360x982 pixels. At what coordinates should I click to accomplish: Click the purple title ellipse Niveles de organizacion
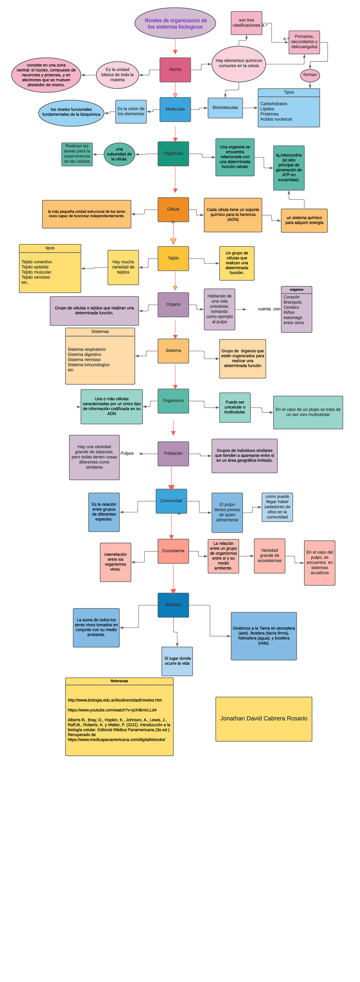click(175, 23)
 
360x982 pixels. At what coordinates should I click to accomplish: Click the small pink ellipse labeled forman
click(310, 75)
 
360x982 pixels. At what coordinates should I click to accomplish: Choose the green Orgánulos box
click(173, 153)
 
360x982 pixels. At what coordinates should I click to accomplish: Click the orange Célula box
click(173, 209)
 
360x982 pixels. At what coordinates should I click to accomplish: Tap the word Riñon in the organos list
click(289, 312)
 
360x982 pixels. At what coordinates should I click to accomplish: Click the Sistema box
click(173, 350)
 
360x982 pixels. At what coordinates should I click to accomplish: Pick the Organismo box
click(173, 401)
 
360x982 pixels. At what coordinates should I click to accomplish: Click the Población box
click(173, 453)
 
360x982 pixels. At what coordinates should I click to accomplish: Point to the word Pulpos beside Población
click(127, 453)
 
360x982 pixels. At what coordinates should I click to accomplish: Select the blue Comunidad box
click(171, 501)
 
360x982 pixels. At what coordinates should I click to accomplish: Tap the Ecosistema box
click(173, 551)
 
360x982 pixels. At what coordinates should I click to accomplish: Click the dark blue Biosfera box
click(173, 605)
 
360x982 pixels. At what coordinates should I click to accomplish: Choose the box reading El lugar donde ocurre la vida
click(177, 661)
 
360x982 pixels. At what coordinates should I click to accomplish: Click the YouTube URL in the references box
click(112, 710)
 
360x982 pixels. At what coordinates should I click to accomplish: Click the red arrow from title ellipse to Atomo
click(175, 46)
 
